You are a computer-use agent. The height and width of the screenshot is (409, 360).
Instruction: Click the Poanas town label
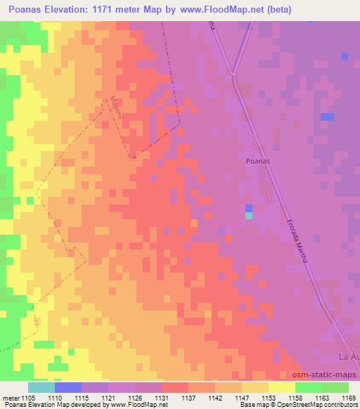[257, 160]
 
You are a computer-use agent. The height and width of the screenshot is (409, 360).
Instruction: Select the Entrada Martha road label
[296, 237]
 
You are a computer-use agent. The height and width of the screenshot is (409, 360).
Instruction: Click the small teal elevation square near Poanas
[249, 216]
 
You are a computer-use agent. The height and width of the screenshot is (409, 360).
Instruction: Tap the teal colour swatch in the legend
[41, 387]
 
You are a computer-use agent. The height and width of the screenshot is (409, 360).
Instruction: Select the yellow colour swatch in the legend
[281, 387]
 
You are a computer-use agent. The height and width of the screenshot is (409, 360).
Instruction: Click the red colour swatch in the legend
[174, 387]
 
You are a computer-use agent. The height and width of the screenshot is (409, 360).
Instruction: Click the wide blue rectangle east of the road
[327, 117]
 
